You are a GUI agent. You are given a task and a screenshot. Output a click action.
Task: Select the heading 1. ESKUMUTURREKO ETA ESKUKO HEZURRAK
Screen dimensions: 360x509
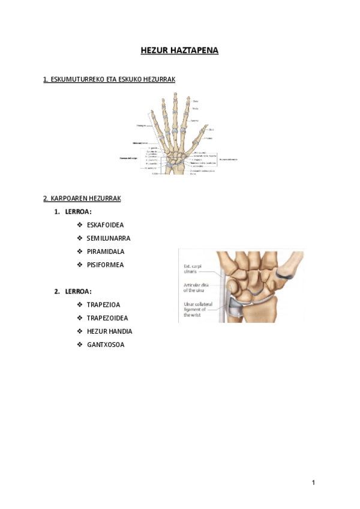(109, 79)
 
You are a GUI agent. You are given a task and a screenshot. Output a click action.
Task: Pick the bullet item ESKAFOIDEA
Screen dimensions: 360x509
(105, 225)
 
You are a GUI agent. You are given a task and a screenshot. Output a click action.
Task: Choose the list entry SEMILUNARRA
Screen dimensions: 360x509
(108, 238)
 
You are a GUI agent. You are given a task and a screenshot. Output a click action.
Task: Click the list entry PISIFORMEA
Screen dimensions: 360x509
(105, 265)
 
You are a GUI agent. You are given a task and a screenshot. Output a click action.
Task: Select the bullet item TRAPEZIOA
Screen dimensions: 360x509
(103, 305)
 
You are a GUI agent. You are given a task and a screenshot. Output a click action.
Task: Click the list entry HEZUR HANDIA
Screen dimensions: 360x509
(109, 331)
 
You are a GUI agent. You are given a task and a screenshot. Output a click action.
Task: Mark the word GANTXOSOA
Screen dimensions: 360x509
(106, 345)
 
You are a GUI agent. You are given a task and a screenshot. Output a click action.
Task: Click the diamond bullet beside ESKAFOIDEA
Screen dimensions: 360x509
(80, 225)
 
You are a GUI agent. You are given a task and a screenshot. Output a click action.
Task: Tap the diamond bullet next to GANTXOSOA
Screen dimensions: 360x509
(80, 345)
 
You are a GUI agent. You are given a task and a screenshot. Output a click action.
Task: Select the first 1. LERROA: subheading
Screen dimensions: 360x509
(73, 212)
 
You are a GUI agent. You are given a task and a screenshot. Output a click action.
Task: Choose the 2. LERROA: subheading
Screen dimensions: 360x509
(73, 292)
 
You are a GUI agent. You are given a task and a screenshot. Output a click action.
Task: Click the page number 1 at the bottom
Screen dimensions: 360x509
(313, 483)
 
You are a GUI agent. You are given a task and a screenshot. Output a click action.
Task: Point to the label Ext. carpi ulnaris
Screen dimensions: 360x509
(195, 269)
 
